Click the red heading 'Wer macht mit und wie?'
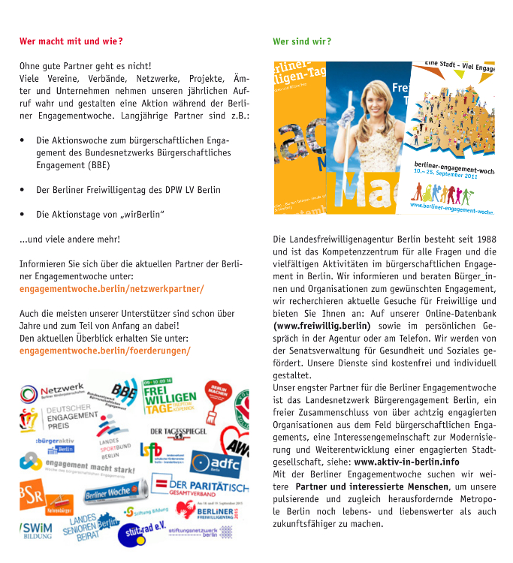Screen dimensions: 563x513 pyautogui.click(x=71, y=41)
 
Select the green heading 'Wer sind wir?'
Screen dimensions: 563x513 pyautogui.click(x=301, y=41)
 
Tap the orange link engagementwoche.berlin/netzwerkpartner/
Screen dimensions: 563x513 pyautogui.click(x=111, y=288)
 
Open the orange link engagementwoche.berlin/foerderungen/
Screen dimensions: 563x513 pyautogui.click(x=104, y=350)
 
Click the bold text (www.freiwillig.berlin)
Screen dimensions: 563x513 pyautogui.click(x=322, y=326)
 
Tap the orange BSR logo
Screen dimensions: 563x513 pyautogui.click(x=32, y=492)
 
